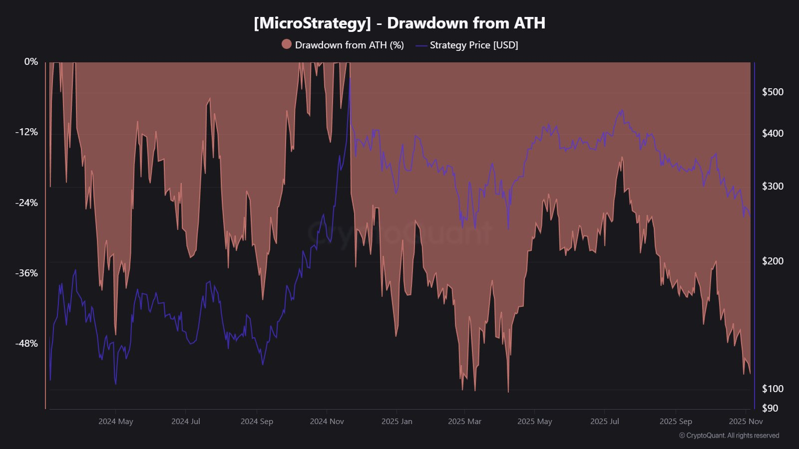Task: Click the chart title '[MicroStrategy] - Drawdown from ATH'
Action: point(399,23)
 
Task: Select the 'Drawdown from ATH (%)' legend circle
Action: point(287,44)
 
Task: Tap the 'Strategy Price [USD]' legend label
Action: point(474,45)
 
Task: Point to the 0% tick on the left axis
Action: point(31,61)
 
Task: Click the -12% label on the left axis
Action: point(26,132)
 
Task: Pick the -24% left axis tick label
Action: point(26,203)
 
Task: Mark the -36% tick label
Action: point(26,273)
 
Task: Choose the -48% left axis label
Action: point(26,343)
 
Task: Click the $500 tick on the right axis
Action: point(773,92)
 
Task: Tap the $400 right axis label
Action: point(773,133)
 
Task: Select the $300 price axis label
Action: point(773,186)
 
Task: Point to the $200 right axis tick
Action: point(773,261)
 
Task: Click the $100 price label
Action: point(773,389)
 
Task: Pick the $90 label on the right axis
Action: point(770,408)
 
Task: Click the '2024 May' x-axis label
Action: point(115,422)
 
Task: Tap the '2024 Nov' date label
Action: point(327,422)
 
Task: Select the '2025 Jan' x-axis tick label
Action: point(397,422)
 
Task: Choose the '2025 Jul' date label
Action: point(604,422)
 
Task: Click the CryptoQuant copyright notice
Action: point(729,436)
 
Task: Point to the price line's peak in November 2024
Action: point(350,78)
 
